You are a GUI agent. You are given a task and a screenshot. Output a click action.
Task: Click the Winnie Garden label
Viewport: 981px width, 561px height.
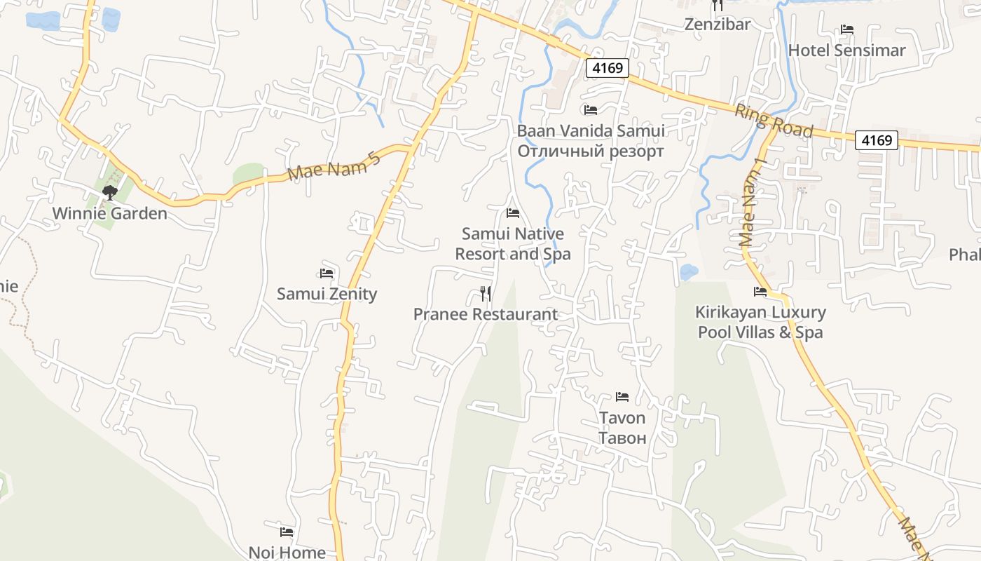pyautogui.click(x=110, y=213)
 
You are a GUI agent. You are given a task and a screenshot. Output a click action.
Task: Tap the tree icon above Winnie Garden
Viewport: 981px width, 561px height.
pyautogui.click(x=109, y=192)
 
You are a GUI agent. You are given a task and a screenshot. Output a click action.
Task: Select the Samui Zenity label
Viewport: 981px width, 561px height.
pyautogui.click(x=327, y=294)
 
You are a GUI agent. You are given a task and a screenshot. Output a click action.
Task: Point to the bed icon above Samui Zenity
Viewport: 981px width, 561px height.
pyautogui.click(x=326, y=273)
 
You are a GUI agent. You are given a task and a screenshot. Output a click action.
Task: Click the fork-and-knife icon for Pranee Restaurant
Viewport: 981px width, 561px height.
pyautogui.click(x=486, y=293)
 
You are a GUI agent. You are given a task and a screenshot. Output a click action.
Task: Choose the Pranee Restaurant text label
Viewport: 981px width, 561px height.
pyautogui.click(x=486, y=314)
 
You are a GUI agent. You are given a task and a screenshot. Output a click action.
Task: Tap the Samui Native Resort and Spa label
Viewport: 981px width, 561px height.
pyautogui.click(x=513, y=243)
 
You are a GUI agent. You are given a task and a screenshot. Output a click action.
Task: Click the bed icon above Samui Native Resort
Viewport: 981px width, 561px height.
pyautogui.click(x=513, y=212)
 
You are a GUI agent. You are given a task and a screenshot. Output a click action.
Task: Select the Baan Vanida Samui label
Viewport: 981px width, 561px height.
pyautogui.click(x=591, y=131)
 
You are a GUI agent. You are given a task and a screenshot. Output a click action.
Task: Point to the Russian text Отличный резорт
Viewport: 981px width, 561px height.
pyautogui.click(x=591, y=151)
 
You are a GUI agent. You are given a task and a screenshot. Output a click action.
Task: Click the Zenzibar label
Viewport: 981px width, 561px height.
pyautogui.click(x=717, y=25)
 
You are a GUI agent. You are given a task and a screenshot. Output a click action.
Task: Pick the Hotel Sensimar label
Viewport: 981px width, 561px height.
pyautogui.click(x=846, y=50)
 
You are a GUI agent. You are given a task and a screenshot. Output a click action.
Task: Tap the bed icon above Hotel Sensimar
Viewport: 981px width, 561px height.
pyautogui.click(x=846, y=29)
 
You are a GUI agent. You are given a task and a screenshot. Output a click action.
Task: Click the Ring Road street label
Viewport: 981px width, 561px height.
pyautogui.click(x=774, y=121)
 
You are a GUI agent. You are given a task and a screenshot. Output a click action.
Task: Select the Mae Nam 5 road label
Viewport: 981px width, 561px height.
pyautogui.click(x=334, y=165)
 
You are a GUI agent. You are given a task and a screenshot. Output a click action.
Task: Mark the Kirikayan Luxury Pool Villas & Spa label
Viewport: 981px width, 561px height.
pyautogui.click(x=760, y=322)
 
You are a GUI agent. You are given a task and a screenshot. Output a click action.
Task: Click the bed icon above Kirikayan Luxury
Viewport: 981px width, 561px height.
pyautogui.click(x=760, y=291)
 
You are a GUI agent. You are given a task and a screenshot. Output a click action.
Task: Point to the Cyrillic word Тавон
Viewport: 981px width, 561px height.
pyautogui.click(x=622, y=438)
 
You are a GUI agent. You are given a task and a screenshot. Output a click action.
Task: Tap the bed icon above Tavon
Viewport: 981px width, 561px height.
pyautogui.click(x=622, y=397)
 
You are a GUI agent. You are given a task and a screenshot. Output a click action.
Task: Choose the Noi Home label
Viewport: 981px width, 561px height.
pyautogui.click(x=287, y=553)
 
